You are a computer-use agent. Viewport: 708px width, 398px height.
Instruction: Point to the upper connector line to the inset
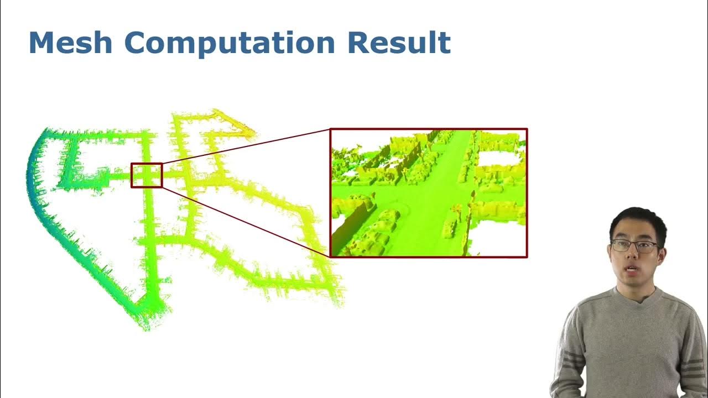(x=246, y=146)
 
